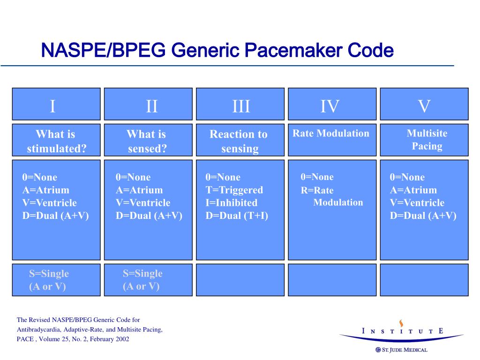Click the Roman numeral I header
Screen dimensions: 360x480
[53, 106]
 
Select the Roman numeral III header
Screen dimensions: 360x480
[241, 106]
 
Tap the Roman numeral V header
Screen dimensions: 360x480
[424, 106]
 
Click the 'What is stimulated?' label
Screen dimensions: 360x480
[56, 141]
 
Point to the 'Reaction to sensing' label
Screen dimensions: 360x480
[239, 141]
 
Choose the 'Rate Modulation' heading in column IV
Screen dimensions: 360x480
[331, 134]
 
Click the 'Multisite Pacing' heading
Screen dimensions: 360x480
[427, 140]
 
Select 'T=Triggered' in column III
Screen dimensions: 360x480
[234, 190]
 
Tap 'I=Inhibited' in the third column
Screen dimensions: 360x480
[231, 203]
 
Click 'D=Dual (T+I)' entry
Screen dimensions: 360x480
[237, 216]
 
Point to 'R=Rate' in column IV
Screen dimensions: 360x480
[317, 190]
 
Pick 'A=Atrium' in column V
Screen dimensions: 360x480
[413, 190]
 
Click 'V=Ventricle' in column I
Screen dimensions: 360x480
[49, 203]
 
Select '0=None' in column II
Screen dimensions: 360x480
[133, 177]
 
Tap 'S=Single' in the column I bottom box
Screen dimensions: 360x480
[49, 274]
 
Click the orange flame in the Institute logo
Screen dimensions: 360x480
[401, 323]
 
